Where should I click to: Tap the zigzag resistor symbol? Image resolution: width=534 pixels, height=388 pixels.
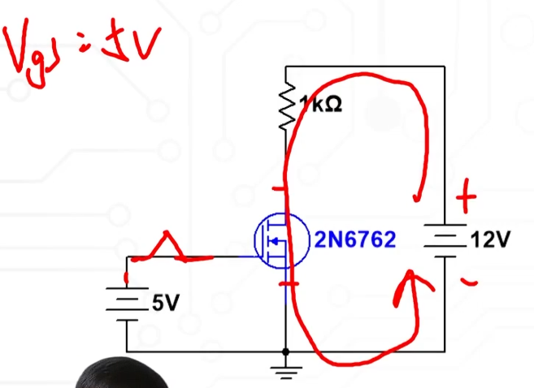coord(286,109)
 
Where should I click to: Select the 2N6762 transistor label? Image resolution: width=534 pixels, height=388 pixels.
coord(355,240)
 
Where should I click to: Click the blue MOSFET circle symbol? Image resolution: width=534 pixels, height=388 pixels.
coord(280,240)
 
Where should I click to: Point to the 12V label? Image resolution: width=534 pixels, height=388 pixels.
coord(490,240)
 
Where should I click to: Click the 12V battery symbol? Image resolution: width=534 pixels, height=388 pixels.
coord(444,240)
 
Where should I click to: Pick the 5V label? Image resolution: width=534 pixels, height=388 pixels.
coord(166,304)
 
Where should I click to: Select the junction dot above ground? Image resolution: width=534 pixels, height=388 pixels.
coord(286,351)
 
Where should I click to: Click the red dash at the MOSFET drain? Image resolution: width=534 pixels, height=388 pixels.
coord(278,189)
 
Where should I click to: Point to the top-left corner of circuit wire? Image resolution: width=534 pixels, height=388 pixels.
coord(286,66)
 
